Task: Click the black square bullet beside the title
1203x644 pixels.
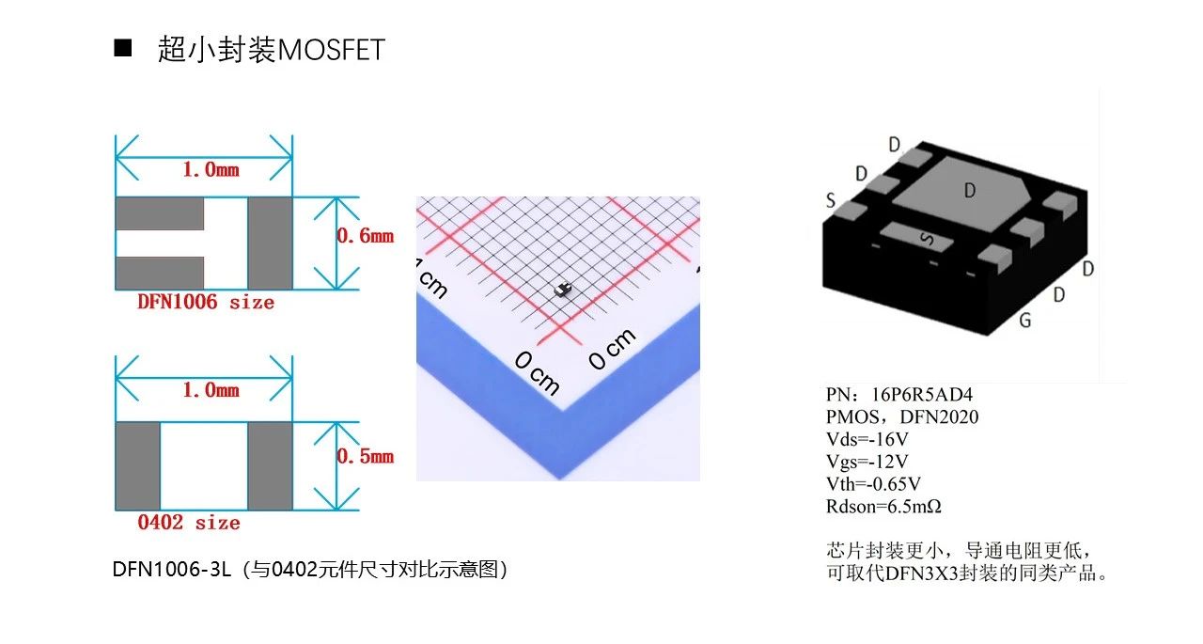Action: pyautogui.click(x=122, y=48)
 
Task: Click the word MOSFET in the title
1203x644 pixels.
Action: pyautogui.click(x=332, y=51)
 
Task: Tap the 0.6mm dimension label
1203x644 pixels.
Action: pyautogui.click(x=366, y=236)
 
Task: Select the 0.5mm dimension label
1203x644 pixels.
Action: pyautogui.click(x=366, y=457)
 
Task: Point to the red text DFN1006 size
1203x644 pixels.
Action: pyautogui.click(x=206, y=302)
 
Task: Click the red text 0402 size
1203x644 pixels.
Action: pyautogui.click(x=189, y=523)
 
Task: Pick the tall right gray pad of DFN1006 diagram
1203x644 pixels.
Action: pyautogui.click(x=270, y=243)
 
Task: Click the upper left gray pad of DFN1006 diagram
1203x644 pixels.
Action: pyautogui.click(x=160, y=213)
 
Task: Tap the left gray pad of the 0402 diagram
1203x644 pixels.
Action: pyautogui.click(x=138, y=465)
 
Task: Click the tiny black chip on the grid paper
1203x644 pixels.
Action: pyautogui.click(x=562, y=291)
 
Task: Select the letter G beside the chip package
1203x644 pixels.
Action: pyautogui.click(x=1025, y=321)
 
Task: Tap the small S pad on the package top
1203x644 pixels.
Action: pyautogui.click(x=916, y=238)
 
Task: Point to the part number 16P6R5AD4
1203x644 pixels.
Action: pyautogui.click(x=922, y=395)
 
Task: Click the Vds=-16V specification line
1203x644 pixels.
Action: pyautogui.click(x=867, y=439)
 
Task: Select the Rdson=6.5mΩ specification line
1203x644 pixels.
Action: pyautogui.click(x=884, y=507)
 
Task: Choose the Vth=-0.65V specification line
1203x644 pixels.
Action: pyautogui.click(x=874, y=484)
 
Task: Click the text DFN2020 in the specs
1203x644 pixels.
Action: pyautogui.click(x=939, y=417)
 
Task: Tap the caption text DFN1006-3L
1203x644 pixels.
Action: pyautogui.click(x=172, y=570)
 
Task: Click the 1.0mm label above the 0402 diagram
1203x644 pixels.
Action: pyautogui.click(x=211, y=390)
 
